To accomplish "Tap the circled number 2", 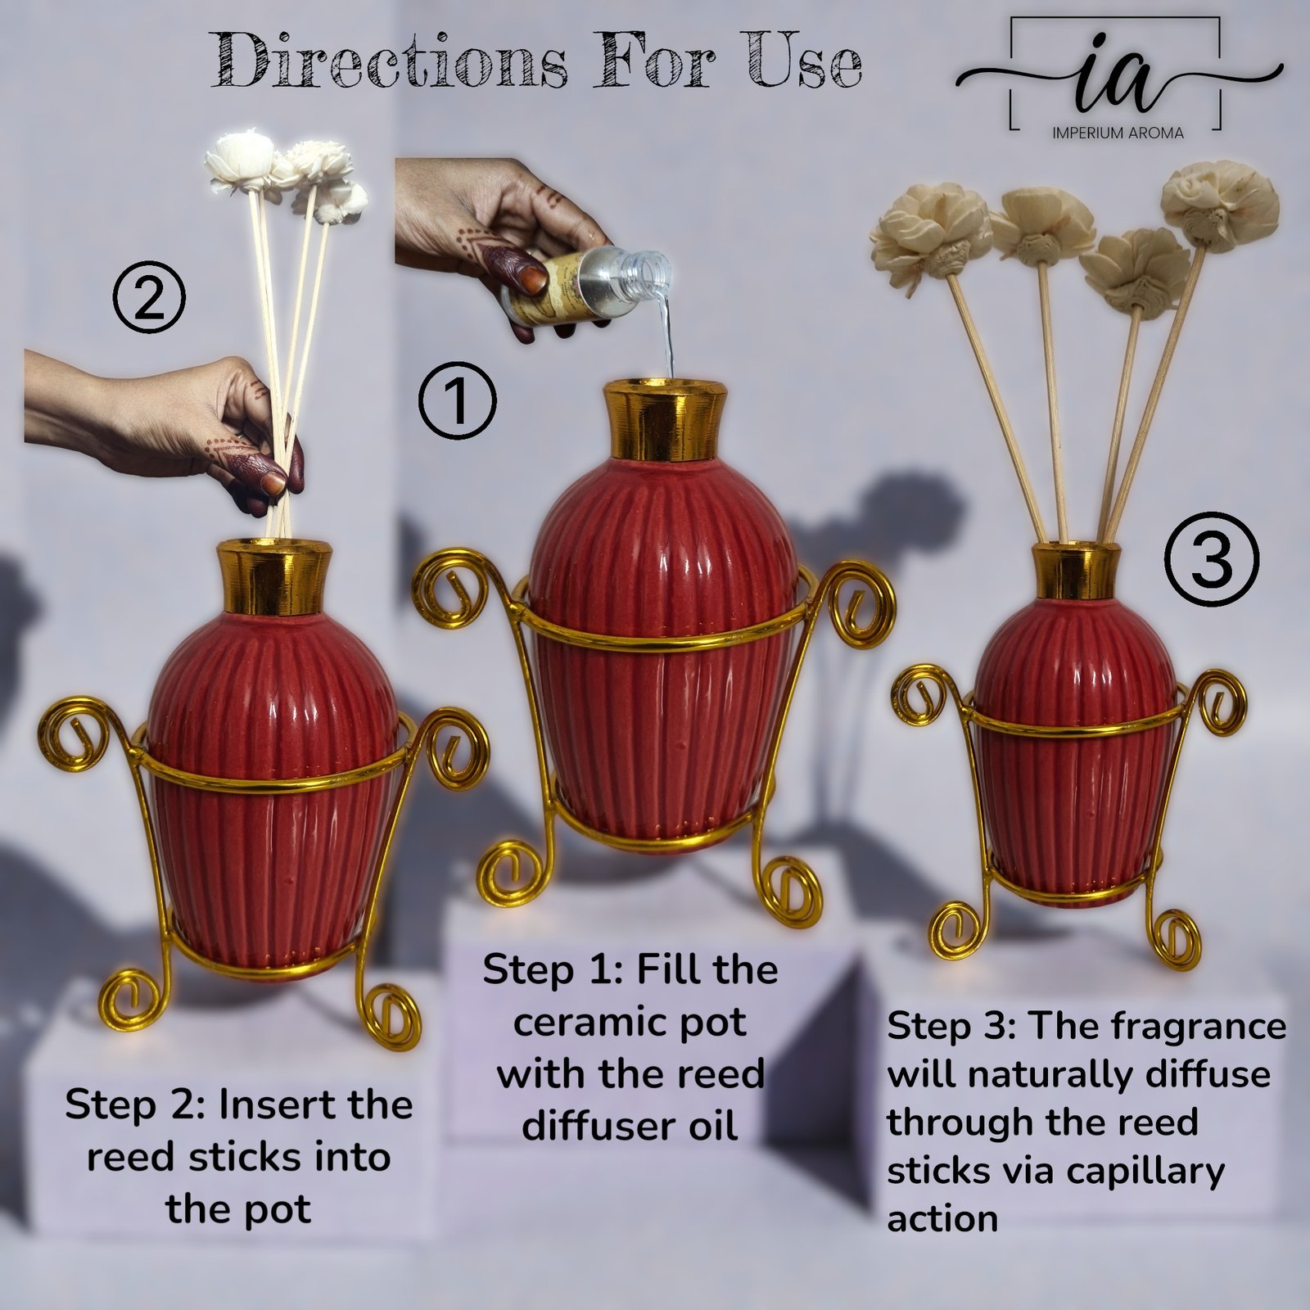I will click(149, 300).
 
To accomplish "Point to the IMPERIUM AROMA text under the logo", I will click(1118, 133).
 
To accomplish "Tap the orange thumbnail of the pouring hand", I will click(532, 280).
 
